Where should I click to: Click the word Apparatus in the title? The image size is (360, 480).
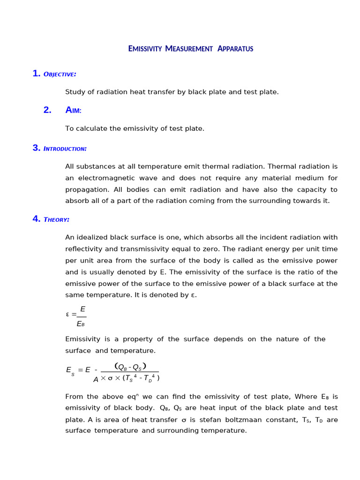coord(235,49)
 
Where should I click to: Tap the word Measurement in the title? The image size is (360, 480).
coord(189,49)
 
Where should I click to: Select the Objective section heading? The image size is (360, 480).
coord(60,74)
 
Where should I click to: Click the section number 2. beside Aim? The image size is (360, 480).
coord(47,110)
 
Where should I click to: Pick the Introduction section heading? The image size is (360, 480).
coord(65,149)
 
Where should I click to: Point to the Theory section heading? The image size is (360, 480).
coord(56,219)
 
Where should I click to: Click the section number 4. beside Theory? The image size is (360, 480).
coord(37,219)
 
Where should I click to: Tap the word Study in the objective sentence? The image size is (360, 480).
coord(75,92)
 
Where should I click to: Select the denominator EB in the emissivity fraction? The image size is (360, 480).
coord(81,324)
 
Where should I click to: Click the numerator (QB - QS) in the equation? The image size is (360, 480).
coord(130,367)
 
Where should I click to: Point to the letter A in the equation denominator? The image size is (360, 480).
coord(96,379)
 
